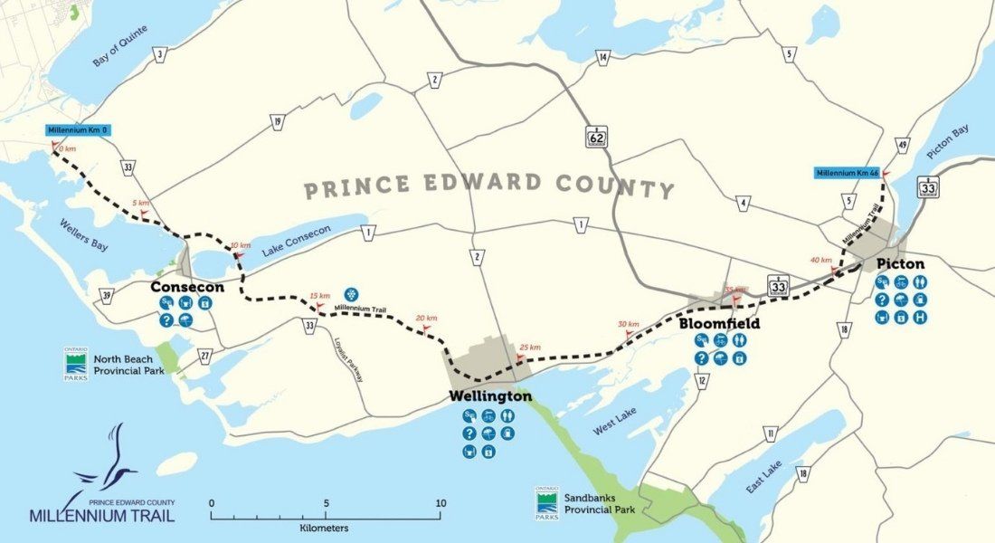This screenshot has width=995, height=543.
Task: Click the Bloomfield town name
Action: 719,323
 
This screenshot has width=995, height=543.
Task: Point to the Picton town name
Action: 899,263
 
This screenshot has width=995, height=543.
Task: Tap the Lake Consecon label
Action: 296,243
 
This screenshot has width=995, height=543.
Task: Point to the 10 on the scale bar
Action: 441,503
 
